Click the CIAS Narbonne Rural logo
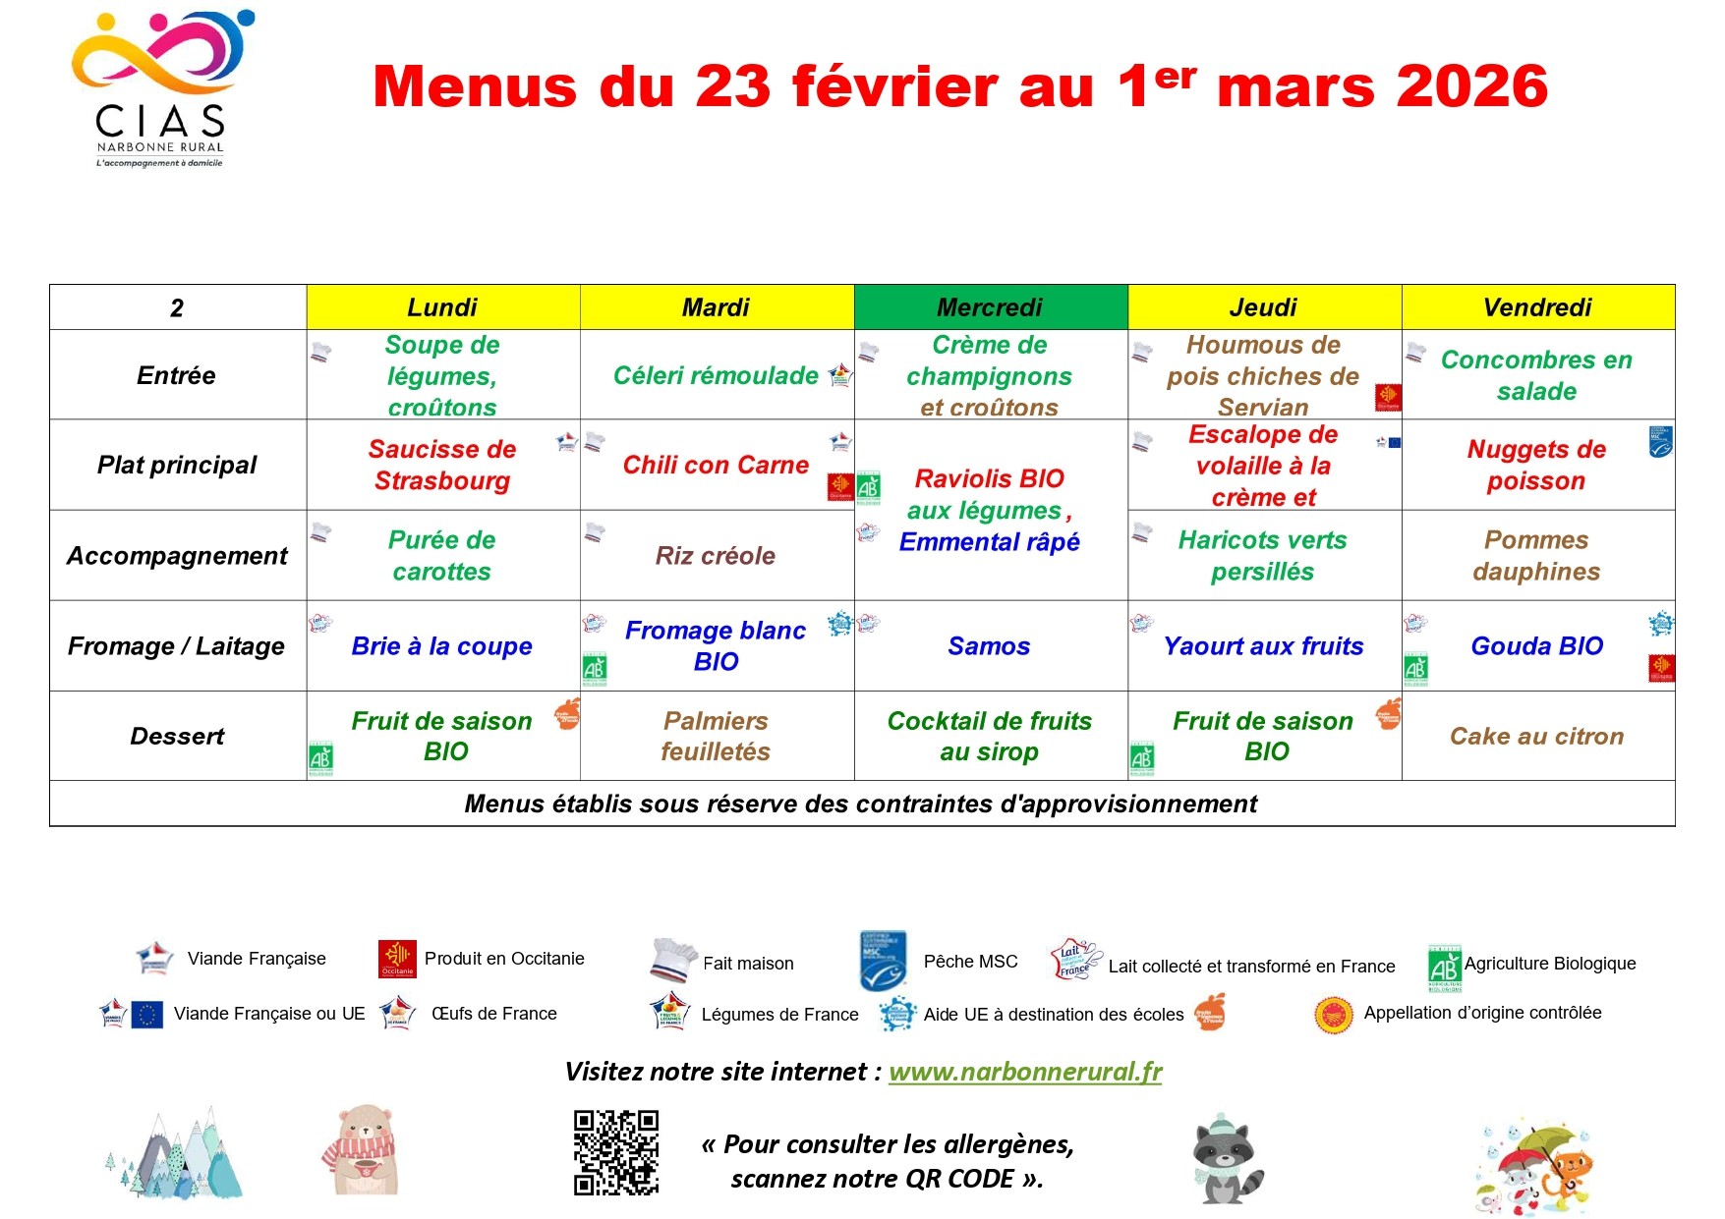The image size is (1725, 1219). (x=161, y=89)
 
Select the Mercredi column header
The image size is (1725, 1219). (x=990, y=307)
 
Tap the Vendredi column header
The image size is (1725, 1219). (x=1537, y=307)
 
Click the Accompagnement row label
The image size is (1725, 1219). (x=177, y=556)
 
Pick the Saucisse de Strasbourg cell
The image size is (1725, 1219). (x=442, y=465)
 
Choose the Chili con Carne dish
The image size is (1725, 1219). (x=716, y=465)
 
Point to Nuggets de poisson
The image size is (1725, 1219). (x=1536, y=465)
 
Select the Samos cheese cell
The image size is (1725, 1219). (x=989, y=646)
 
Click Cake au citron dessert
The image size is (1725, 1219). (x=1536, y=737)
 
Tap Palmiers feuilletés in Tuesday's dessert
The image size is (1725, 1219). (x=716, y=737)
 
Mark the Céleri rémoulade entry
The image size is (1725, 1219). (x=716, y=375)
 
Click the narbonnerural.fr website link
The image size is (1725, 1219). (x=1025, y=1072)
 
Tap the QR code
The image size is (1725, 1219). (x=616, y=1152)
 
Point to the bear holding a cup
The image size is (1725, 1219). (x=361, y=1150)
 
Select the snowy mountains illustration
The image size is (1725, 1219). (x=175, y=1155)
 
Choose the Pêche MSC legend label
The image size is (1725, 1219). (x=970, y=962)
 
